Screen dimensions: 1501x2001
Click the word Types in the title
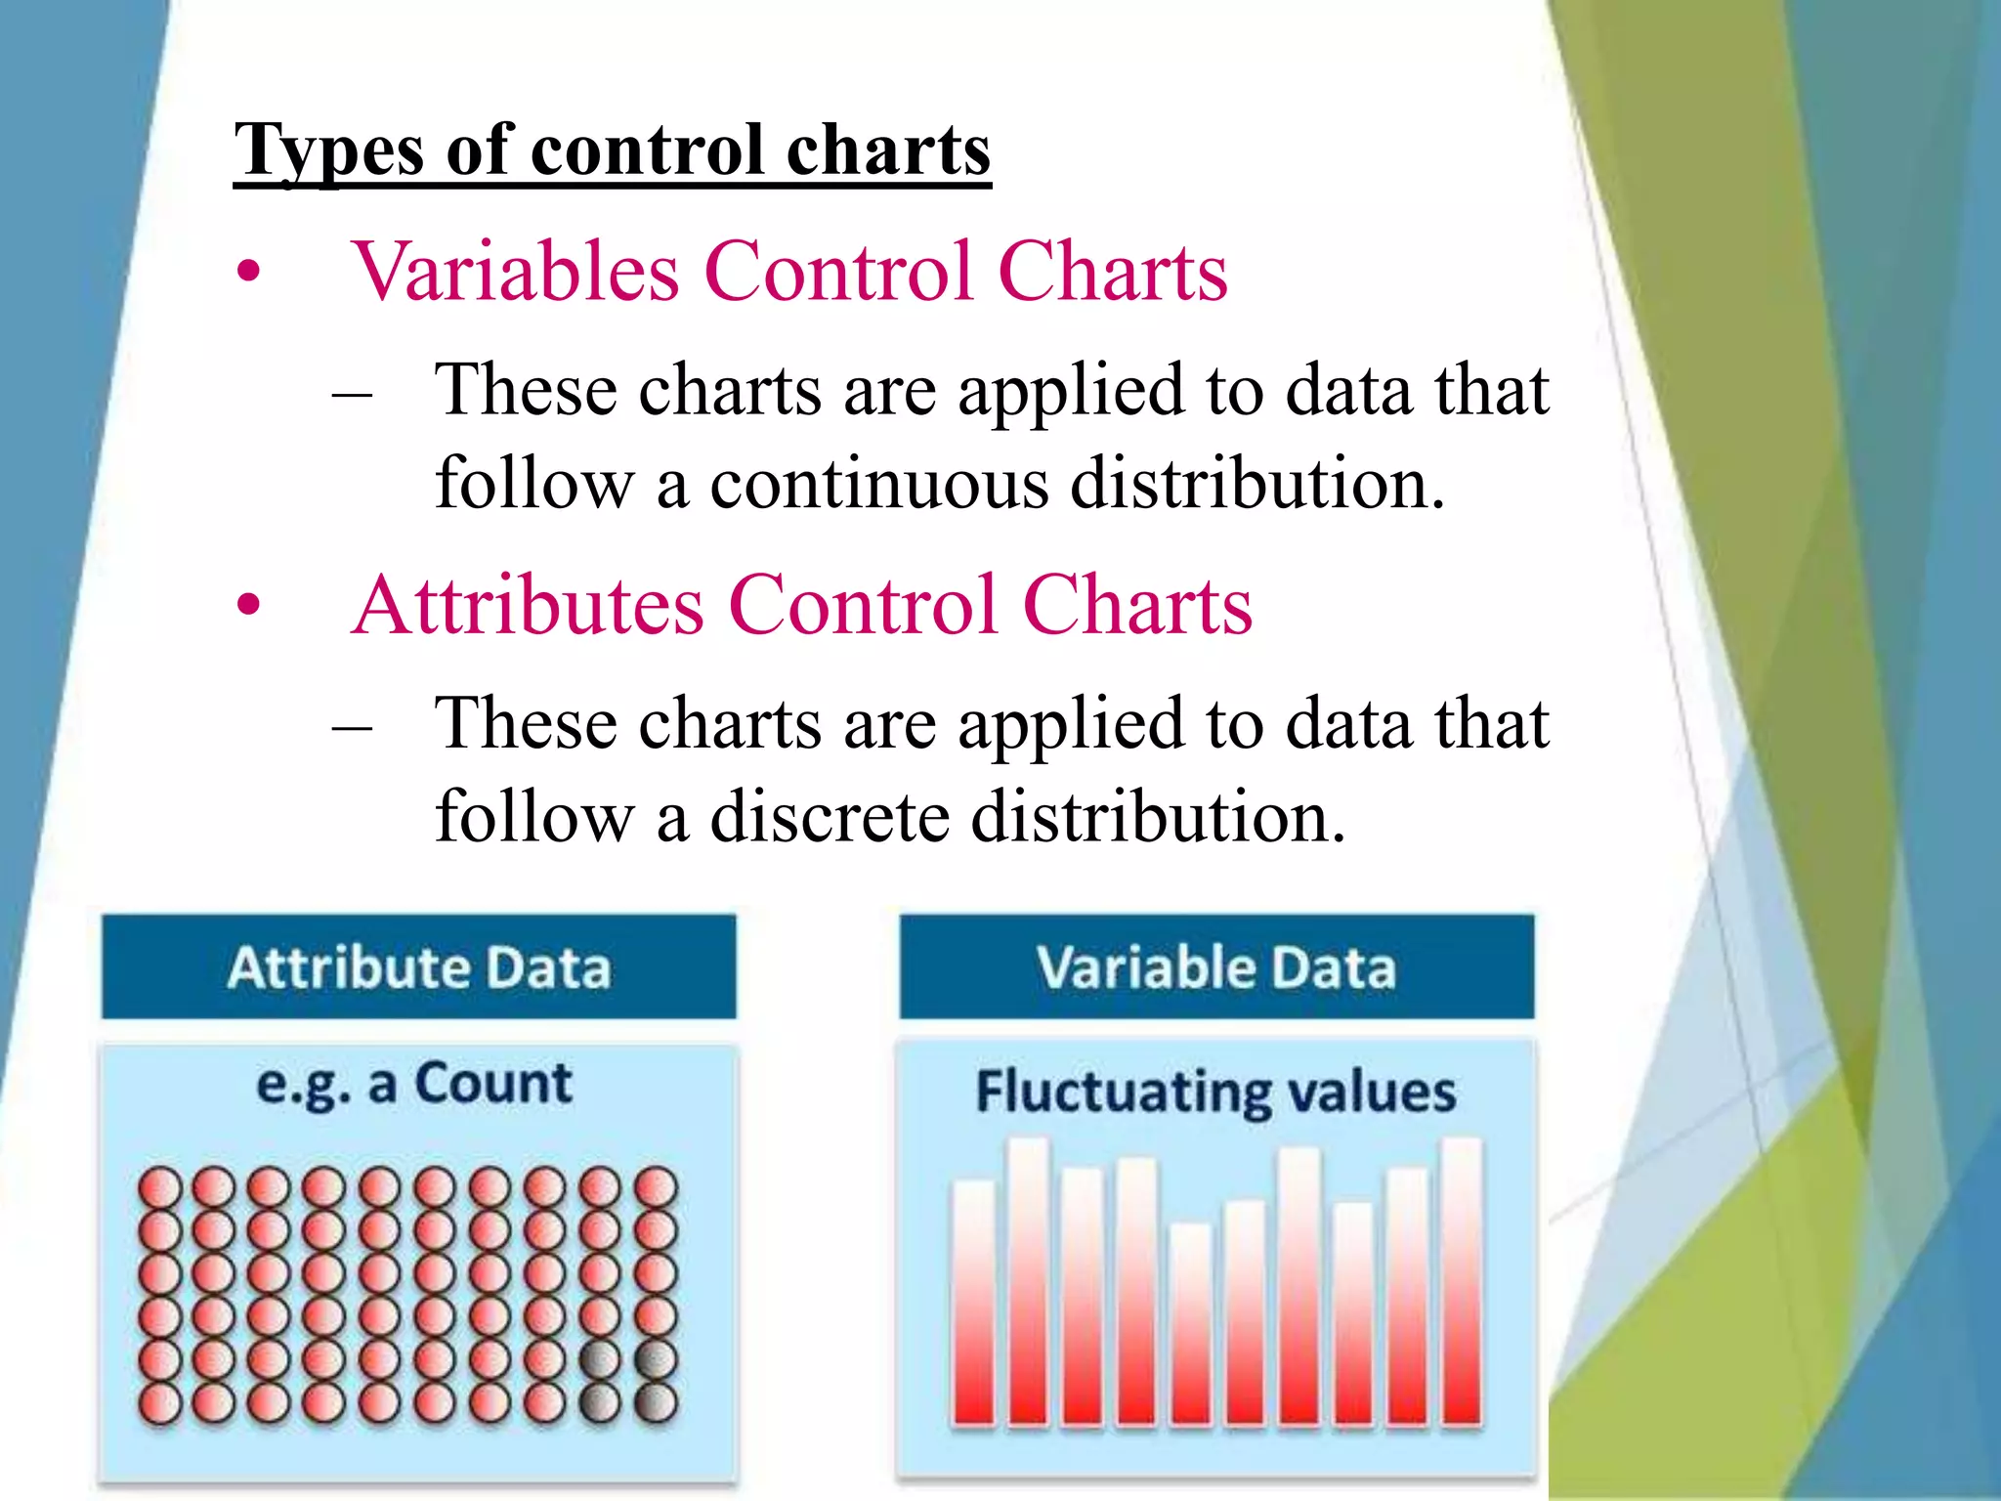click(330, 151)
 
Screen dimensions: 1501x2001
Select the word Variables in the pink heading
click(516, 272)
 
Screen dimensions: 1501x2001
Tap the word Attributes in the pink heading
click(528, 606)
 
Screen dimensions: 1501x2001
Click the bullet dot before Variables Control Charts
click(249, 273)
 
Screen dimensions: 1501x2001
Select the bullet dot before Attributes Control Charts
click(249, 606)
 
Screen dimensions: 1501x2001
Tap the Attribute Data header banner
click(418, 967)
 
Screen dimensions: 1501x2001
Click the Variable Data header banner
click(1216, 967)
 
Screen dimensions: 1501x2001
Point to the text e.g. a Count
click(414, 1085)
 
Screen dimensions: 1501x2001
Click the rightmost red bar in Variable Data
click(1461, 1280)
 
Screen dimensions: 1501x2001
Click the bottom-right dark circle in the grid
click(656, 1403)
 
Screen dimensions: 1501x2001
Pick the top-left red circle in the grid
click(159, 1188)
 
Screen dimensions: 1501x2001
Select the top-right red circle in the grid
click(656, 1188)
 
